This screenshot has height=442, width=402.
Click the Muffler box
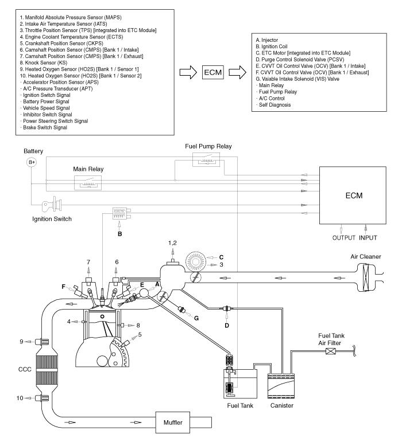pyautogui.click(x=173, y=423)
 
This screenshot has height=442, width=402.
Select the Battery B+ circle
pyautogui.click(x=32, y=162)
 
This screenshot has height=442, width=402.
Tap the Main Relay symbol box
pyautogui.click(x=88, y=183)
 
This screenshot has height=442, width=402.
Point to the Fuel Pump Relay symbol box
pyautogui.click(x=206, y=159)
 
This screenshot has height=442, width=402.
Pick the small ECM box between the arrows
pyautogui.click(x=213, y=72)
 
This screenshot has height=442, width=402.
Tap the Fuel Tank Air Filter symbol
pyautogui.click(x=331, y=351)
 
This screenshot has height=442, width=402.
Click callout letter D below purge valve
pyautogui.click(x=227, y=326)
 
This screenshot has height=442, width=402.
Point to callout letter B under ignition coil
pyautogui.click(x=119, y=234)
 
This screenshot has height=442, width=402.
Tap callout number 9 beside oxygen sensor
pyautogui.click(x=21, y=342)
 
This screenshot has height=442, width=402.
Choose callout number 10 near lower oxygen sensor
pyautogui.click(x=20, y=398)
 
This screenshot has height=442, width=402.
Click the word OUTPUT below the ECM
pyautogui.click(x=343, y=238)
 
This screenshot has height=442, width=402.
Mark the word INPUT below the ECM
pyautogui.click(x=368, y=238)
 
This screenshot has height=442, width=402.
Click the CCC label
pyautogui.click(x=25, y=369)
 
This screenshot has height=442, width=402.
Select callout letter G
pyautogui.click(x=196, y=318)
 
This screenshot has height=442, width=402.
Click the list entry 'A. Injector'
pyautogui.click(x=267, y=40)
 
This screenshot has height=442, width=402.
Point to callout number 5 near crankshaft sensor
pyautogui.click(x=140, y=335)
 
